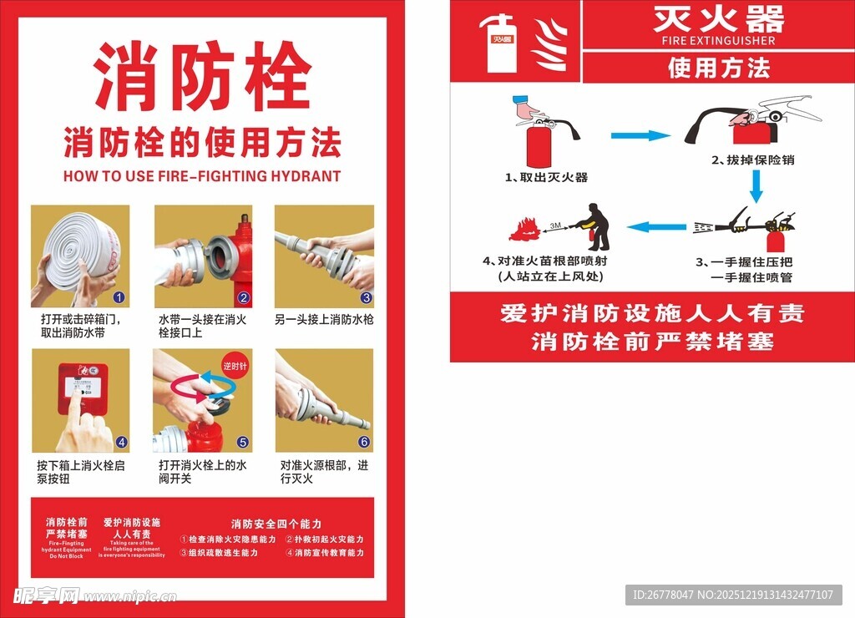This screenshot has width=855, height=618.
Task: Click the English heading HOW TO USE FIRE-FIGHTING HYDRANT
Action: tap(202, 176)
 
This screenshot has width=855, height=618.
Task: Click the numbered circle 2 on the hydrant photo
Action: tap(244, 297)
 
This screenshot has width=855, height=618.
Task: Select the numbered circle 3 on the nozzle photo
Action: tap(367, 297)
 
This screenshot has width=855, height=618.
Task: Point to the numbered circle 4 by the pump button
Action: tap(121, 442)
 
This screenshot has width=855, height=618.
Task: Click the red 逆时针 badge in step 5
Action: tap(236, 366)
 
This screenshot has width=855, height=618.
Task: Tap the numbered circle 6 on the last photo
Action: tap(364, 442)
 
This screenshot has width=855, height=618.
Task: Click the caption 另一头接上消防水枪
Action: tap(324, 320)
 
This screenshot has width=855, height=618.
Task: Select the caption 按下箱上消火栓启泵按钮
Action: tap(80, 472)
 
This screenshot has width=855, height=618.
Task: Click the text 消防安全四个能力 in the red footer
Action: tap(276, 524)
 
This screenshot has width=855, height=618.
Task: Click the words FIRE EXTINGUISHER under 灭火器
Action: tap(718, 40)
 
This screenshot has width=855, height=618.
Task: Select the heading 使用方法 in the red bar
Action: tap(718, 68)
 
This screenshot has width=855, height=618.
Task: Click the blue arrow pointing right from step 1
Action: tap(640, 135)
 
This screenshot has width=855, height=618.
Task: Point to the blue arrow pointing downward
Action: tap(756, 186)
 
